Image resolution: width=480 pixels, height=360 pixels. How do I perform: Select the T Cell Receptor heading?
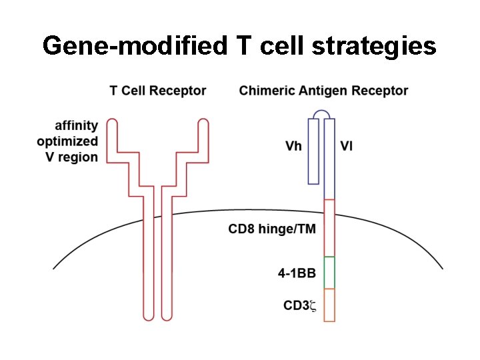tap(158, 91)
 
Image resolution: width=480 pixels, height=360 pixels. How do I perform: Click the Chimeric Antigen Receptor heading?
tap(323, 91)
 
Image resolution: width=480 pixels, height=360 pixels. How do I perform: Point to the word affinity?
tap(76, 125)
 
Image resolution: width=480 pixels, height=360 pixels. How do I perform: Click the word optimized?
tap(67, 141)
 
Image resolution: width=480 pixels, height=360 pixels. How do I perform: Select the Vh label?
tap(293, 146)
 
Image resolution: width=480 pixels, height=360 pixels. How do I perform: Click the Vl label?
tap(347, 146)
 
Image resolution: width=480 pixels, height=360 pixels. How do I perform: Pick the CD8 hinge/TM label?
tap(272, 229)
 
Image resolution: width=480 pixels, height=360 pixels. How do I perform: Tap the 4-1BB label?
tap(297, 273)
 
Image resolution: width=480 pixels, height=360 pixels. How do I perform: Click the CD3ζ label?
tap(299, 306)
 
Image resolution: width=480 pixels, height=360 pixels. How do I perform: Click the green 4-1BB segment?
tap(329, 273)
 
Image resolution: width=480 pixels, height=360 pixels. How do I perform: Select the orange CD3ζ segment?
tap(329, 305)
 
